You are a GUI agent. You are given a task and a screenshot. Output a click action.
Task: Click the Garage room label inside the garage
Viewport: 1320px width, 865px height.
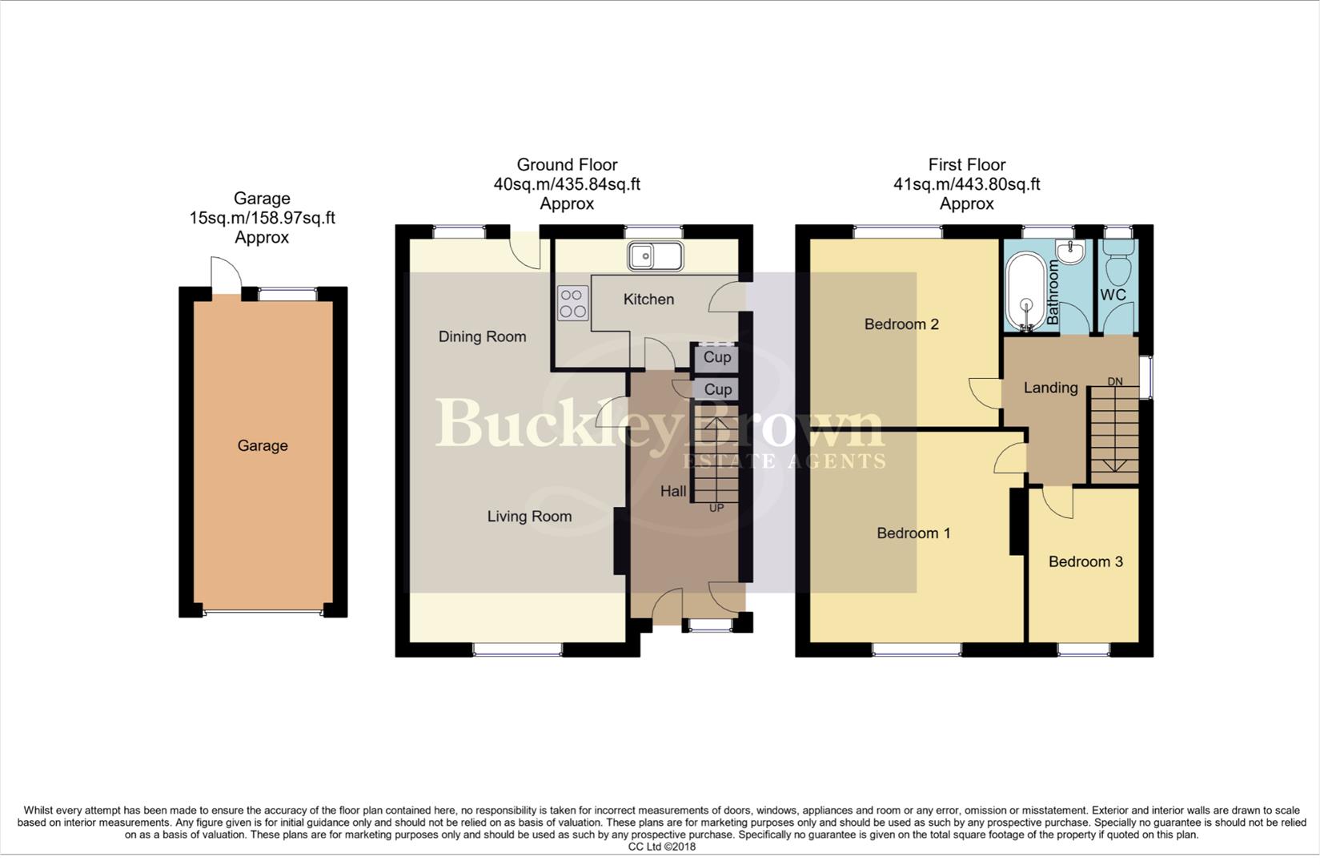[263, 446]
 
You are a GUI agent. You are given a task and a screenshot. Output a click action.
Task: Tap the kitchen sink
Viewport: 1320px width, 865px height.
[655, 256]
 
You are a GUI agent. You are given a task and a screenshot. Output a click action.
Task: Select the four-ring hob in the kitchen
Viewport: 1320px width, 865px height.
[572, 303]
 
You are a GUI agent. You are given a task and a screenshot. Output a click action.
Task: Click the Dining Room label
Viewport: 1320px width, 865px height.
[482, 337]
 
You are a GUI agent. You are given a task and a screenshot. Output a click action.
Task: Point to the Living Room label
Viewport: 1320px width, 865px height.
[529, 517]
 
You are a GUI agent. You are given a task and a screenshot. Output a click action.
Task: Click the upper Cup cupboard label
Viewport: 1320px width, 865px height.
[717, 357]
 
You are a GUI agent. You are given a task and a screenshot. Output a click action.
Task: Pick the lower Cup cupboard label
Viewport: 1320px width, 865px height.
[717, 390]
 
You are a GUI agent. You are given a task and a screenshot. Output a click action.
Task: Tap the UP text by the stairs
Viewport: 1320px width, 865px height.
[716, 508]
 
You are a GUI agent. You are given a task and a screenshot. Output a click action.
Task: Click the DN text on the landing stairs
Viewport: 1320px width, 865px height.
[1115, 381]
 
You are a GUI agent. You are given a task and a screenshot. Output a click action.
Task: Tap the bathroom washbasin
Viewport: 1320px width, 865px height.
[1070, 251]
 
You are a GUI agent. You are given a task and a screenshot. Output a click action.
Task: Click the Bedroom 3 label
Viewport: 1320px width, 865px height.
[1085, 562]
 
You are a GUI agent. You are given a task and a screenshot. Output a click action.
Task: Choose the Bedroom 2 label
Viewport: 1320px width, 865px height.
[901, 324]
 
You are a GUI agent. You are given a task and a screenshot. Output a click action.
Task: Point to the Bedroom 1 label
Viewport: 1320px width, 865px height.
[913, 533]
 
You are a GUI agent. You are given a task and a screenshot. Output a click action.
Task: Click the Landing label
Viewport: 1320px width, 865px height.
[1050, 388]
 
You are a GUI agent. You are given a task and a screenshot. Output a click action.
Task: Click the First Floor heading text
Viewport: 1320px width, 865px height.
[966, 165]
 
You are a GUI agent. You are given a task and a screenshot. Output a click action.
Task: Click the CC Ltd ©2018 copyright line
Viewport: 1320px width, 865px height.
[661, 847]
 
